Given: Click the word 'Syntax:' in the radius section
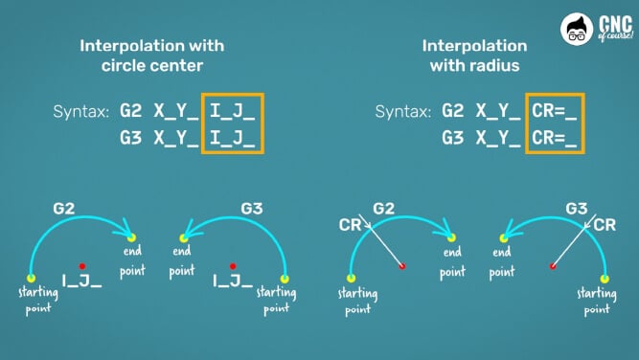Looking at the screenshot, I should [403, 112].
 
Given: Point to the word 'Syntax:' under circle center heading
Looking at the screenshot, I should [81, 112].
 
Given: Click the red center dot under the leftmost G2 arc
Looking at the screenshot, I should [84, 265].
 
